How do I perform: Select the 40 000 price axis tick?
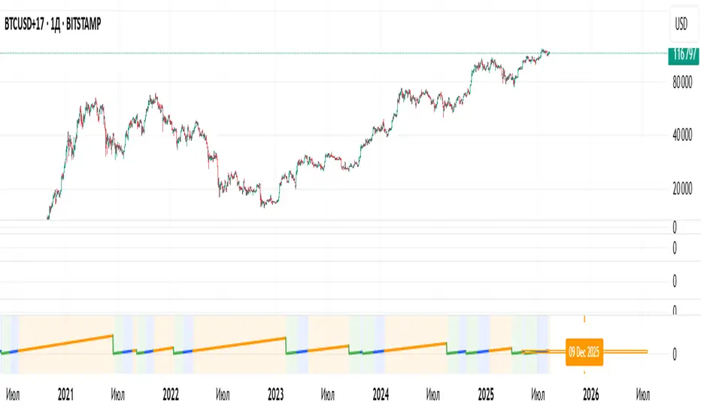point(681,136)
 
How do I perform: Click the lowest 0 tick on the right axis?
point(675,355)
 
